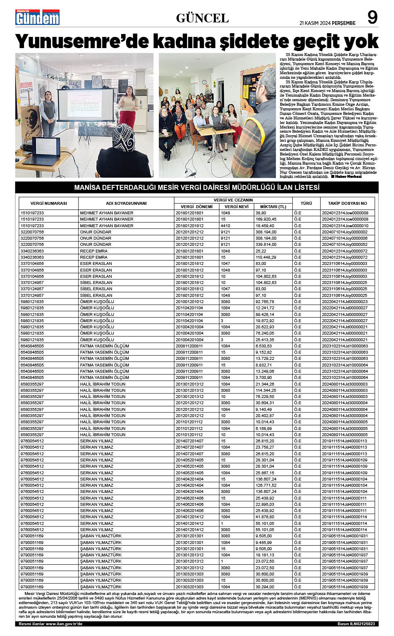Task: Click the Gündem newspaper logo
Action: (x=37, y=17)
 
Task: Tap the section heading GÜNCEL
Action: (x=202, y=18)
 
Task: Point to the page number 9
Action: (x=372, y=17)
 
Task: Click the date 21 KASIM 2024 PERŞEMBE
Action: (x=328, y=23)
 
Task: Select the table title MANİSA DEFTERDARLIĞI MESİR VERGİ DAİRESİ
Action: (x=197, y=187)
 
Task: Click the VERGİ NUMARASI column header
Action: (x=49, y=203)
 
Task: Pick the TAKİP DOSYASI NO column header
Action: (x=347, y=203)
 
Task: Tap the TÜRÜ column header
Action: (x=306, y=203)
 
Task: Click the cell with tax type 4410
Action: (x=226, y=226)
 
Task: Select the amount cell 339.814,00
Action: (x=266, y=245)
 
